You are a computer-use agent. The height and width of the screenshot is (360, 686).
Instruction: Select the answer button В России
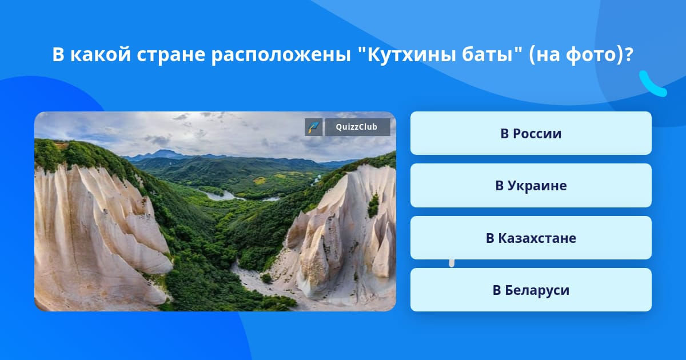(531, 133)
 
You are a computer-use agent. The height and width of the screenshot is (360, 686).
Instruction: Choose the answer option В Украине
(531, 186)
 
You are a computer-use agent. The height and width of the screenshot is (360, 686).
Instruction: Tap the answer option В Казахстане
(531, 238)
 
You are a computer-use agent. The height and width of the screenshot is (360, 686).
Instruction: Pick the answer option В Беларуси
(531, 290)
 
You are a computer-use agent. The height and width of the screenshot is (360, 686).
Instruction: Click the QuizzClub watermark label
(357, 127)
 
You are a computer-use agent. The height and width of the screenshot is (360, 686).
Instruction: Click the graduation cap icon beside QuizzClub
(314, 127)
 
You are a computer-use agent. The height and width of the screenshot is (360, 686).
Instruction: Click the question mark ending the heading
(628, 54)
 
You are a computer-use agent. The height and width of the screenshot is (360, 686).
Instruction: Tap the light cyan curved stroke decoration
(652, 85)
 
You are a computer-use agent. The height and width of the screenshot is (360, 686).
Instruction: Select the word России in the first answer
(537, 134)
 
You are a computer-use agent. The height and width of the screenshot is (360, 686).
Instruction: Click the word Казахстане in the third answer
(537, 238)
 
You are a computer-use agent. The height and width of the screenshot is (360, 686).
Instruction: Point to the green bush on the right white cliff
(373, 206)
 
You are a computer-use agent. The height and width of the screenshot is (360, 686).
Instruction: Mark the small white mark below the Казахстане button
(452, 263)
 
